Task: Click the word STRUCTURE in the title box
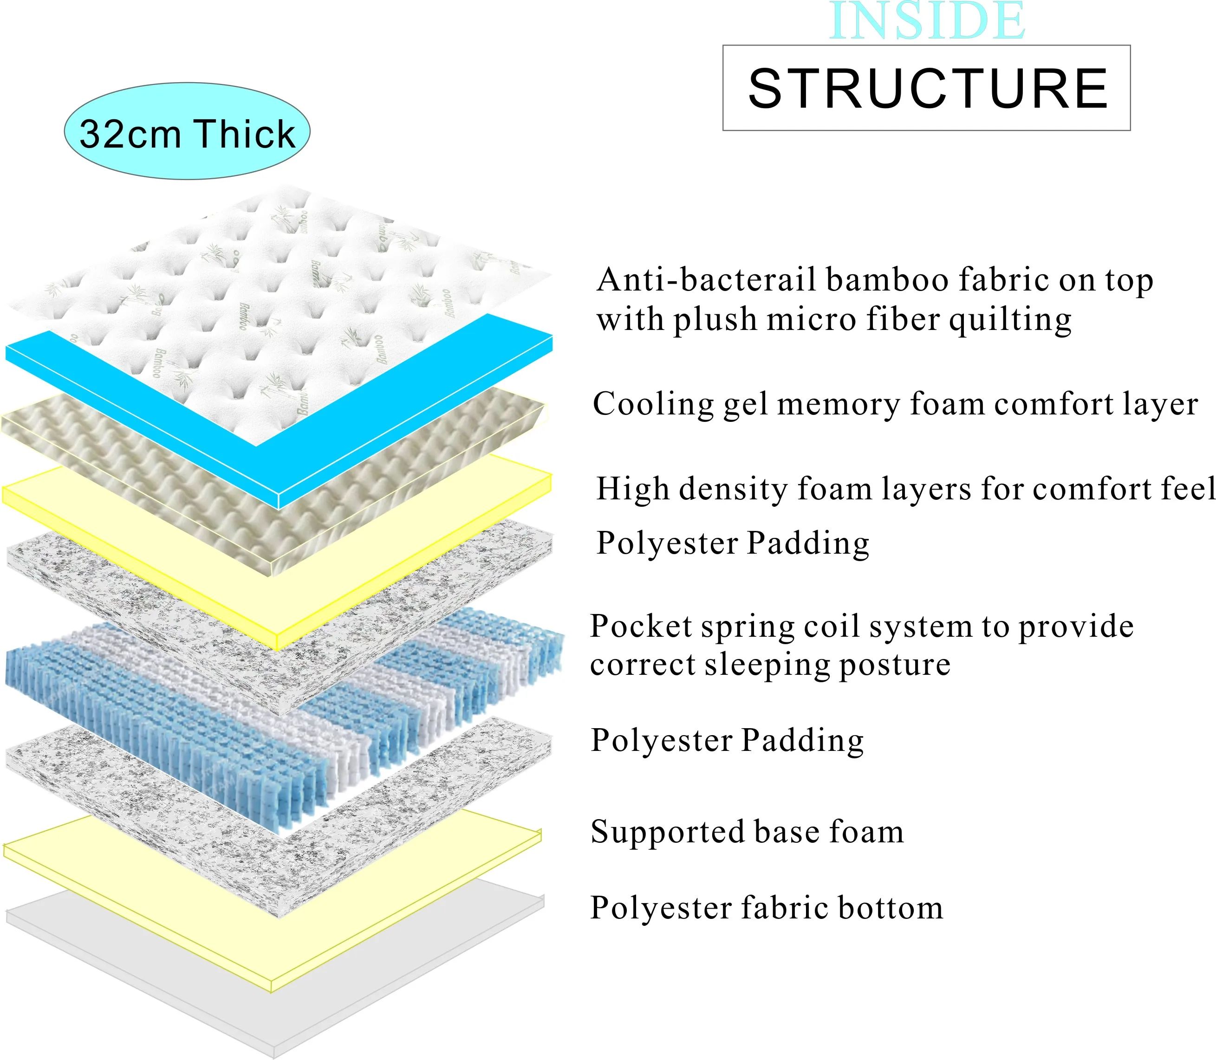[927, 89]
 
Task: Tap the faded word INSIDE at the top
[927, 21]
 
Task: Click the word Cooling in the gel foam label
[653, 405]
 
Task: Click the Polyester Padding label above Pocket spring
[733, 543]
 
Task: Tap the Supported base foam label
[747, 832]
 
